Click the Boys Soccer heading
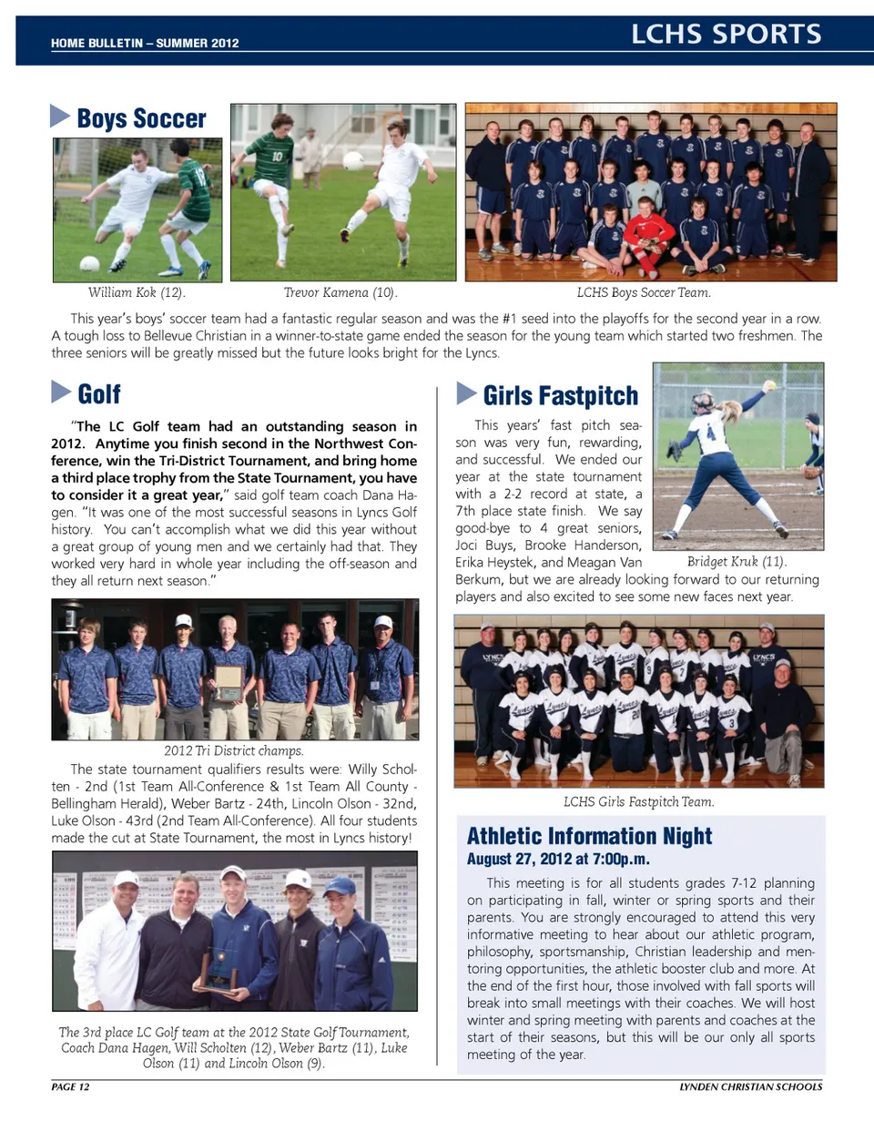pyautogui.click(x=141, y=118)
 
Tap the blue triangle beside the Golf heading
pyautogui.click(x=60, y=392)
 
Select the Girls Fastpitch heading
pyautogui.click(x=560, y=395)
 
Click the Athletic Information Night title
pyautogui.click(x=589, y=836)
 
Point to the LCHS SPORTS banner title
pyautogui.click(x=726, y=35)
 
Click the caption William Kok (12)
pyautogui.click(x=137, y=292)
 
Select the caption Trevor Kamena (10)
pyautogui.click(x=340, y=292)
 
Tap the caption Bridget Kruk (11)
pyautogui.click(x=737, y=561)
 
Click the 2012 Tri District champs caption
pyautogui.click(x=234, y=751)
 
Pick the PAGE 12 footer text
pyautogui.click(x=70, y=1086)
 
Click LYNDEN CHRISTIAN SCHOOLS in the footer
pyautogui.click(x=750, y=1086)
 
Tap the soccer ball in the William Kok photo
pyautogui.click(x=89, y=264)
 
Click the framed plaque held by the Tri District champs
pyautogui.click(x=228, y=680)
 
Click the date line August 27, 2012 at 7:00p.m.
pyautogui.click(x=558, y=859)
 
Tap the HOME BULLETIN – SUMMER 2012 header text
pyautogui.click(x=145, y=43)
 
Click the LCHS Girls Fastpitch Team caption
pyautogui.click(x=638, y=801)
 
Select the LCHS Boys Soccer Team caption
pyautogui.click(x=644, y=292)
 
